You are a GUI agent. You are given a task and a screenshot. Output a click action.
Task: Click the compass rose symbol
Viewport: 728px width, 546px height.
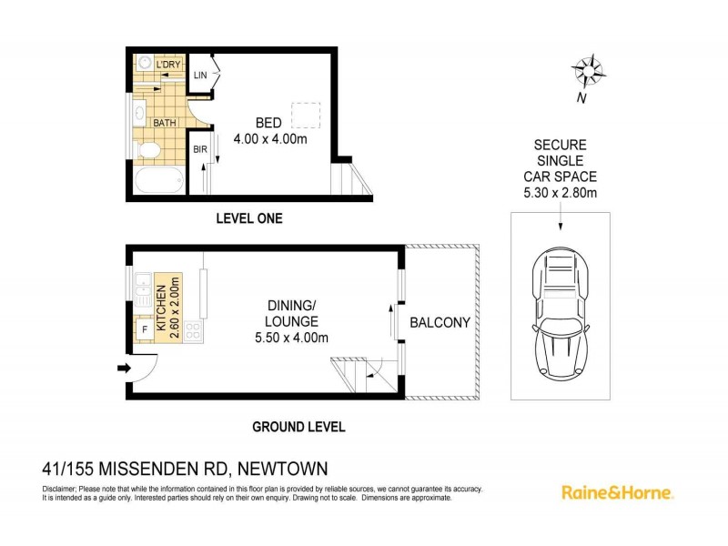(588, 71)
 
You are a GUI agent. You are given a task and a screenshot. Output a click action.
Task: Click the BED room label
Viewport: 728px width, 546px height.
(268, 124)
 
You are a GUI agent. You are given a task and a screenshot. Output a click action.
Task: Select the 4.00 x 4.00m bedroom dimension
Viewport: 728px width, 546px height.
(268, 139)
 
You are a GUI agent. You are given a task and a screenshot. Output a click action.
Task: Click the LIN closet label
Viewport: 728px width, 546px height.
(199, 76)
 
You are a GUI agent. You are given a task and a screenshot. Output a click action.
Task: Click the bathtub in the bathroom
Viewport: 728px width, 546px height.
(160, 182)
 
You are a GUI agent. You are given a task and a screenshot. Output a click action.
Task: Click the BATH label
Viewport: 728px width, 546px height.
(164, 122)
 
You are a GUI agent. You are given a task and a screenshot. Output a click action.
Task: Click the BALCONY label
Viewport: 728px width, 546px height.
(440, 322)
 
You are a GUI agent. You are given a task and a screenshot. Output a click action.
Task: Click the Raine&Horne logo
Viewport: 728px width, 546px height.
(616, 492)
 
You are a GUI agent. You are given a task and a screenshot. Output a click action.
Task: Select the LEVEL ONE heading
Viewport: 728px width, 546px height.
(248, 218)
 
